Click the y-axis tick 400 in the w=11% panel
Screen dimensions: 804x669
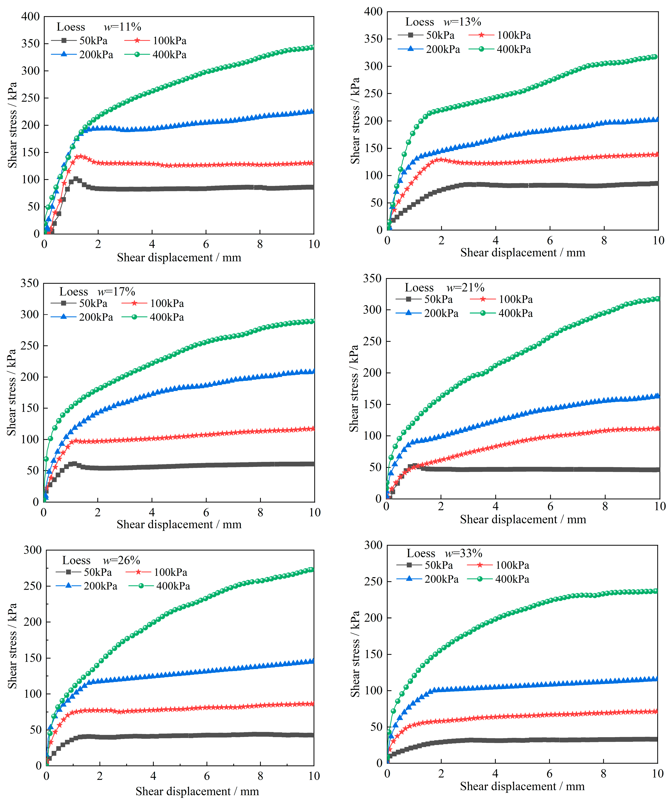[x=31, y=16]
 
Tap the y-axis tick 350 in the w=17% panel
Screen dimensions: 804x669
[x=30, y=283]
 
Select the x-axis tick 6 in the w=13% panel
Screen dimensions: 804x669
[x=550, y=240]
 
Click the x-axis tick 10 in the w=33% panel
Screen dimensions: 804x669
[x=658, y=774]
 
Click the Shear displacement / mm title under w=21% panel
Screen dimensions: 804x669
[x=523, y=520]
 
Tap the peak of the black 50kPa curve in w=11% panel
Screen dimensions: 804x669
[x=76, y=179]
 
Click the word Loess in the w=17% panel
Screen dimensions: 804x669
[x=73, y=292]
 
